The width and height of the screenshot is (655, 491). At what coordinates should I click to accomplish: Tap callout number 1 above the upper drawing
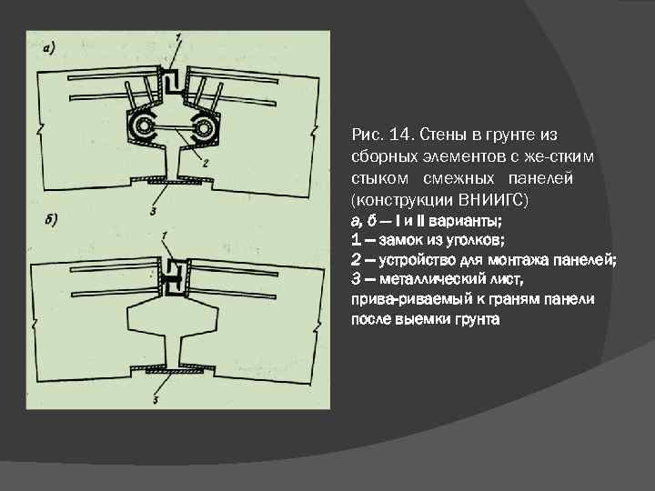(178, 36)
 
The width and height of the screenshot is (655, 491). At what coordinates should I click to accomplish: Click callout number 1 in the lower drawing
(163, 235)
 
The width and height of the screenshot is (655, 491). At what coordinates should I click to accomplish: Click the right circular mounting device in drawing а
(206, 129)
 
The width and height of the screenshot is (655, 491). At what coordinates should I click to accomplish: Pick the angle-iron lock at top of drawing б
(173, 272)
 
